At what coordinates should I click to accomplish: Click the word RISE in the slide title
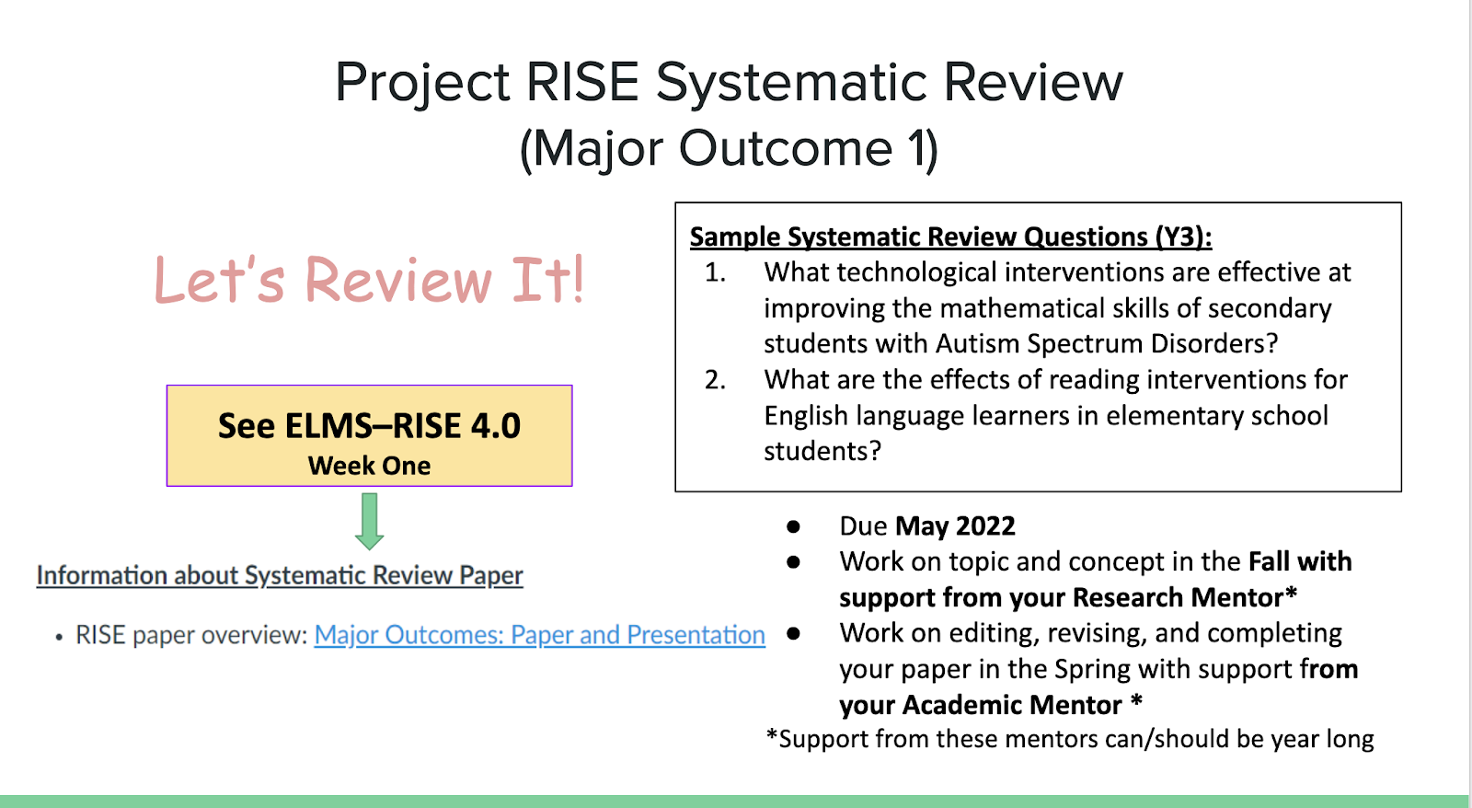[x=582, y=82]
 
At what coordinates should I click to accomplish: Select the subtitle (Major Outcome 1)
[x=729, y=149]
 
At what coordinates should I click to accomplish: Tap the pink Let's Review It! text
[x=369, y=279]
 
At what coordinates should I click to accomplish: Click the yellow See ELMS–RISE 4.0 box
[x=369, y=436]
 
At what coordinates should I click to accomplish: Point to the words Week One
[x=369, y=466]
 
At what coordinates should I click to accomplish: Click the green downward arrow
[x=369, y=522]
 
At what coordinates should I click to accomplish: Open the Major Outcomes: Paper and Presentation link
[x=539, y=635]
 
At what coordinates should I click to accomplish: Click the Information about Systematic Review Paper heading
[x=280, y=575]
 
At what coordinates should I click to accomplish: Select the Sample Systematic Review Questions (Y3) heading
[x=951, y=237]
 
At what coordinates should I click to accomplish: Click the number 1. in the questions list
[x=715, y=272]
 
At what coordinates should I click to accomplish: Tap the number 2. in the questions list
[x=715, y=380]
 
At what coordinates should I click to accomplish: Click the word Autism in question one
[x=977, y=344]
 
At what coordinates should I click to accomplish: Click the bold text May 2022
[x=955, y=526]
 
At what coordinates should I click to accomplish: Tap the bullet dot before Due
[x=793, y=526]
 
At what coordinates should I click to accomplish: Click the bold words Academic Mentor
[x=1012, y=706]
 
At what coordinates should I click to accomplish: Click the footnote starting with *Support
[x=1070, y=740]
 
